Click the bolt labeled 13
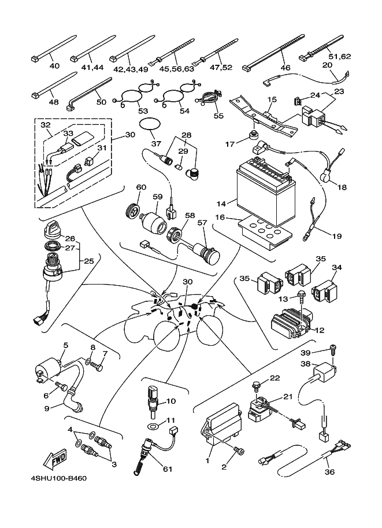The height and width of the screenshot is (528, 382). click(301, 297)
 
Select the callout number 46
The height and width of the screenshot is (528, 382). click(285, 68)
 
